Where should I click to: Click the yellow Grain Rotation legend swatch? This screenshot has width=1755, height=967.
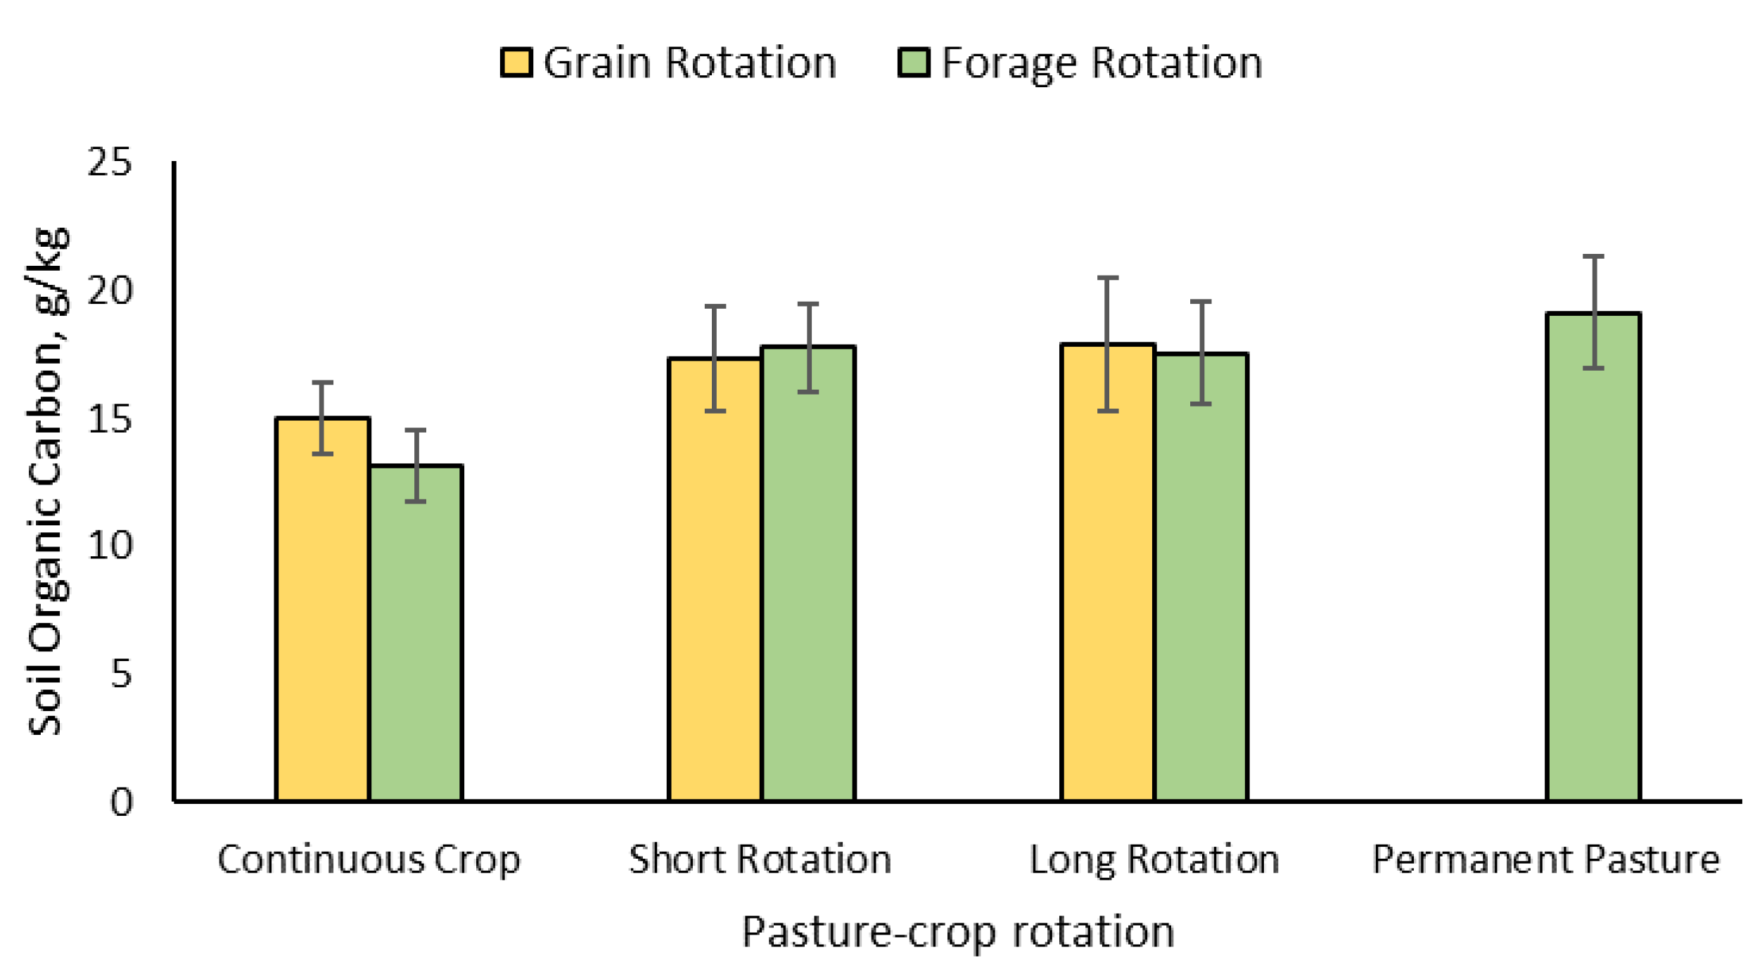click(516, 62)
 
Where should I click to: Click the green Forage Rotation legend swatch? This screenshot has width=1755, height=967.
click(914, 62)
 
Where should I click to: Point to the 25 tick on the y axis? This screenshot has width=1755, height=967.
click(109, 162)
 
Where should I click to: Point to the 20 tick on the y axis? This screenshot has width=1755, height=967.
click(109, 290)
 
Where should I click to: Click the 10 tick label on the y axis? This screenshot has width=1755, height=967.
click(109, 546)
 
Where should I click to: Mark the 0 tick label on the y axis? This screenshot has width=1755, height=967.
click(121, 802)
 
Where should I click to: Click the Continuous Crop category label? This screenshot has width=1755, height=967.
click(369, 860)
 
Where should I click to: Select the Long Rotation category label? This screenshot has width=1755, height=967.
click(1154, 860)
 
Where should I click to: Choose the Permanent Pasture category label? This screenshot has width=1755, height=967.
click(1545, 860)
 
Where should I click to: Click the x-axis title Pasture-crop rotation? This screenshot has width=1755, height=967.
click(957, 932)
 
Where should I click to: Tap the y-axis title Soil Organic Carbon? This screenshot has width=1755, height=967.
click(48, 482)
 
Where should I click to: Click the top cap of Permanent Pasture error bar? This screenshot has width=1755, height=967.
click(1593, 257)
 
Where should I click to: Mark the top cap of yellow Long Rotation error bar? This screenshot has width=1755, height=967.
click(1108, 278)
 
